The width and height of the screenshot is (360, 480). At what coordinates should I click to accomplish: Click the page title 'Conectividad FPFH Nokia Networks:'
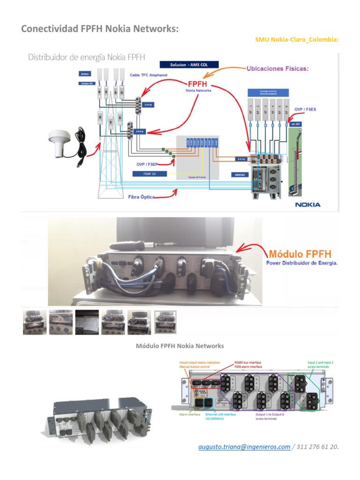click(x=100, y=29)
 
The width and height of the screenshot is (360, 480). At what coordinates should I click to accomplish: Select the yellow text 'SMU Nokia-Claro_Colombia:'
click(x=296, y=40)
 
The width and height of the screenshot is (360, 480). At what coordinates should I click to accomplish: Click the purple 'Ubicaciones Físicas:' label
click(x=277, y=68)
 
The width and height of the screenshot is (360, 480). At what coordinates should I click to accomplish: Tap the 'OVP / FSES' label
click(x=305, y=109)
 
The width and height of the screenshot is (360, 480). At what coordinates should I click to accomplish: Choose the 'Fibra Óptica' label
click(x=141, y=197)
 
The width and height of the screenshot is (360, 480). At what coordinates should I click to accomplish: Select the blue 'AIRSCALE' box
click(x=239, y=174)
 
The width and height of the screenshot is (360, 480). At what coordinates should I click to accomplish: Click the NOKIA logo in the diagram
click(x=307, y=204)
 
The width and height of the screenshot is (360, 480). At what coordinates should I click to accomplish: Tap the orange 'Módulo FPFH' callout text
click(x=300, y=254)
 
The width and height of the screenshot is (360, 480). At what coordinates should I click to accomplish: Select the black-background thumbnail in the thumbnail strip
click(x=87, y=322)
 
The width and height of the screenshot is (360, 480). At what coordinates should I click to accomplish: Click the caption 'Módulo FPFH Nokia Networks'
click(x=180, y=346)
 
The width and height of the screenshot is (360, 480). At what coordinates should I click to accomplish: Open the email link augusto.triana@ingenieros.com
click(x=244, y=447)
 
